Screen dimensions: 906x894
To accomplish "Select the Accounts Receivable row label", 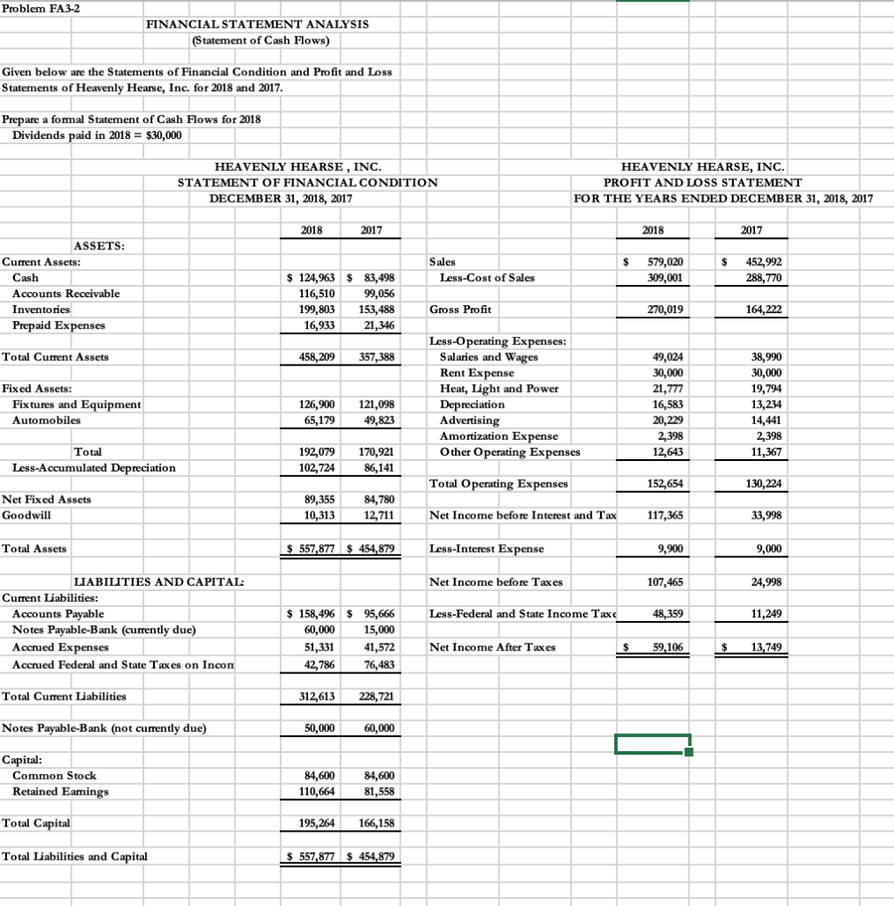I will pos(66,294).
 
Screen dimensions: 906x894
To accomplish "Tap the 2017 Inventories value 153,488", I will pos(376,310).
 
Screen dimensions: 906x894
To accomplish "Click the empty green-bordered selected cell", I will pos(652,744).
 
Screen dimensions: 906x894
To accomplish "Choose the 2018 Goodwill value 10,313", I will pos(319,515).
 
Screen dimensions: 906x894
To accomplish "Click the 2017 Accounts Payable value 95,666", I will pos(376,613).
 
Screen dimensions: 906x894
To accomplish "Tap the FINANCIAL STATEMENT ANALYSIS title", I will pos(258,24).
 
